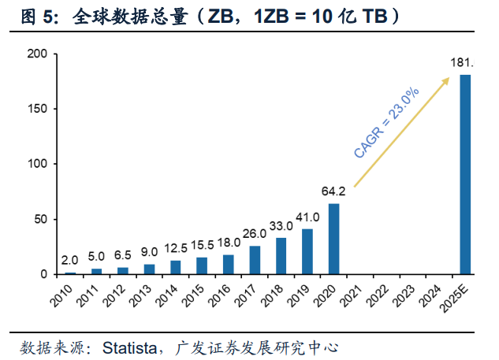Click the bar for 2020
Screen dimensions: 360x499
click(333, 239)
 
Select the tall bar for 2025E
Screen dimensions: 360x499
click(465, 174)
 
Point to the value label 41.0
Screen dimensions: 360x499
click(307, 217)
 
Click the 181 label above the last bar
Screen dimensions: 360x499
click(462, 62)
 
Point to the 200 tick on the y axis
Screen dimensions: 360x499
click(37, 54)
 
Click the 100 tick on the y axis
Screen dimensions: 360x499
click(37, 164)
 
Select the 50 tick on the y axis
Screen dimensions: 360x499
click(40, 219)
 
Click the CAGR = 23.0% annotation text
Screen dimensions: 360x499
click(386, 123)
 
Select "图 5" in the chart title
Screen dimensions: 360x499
click(28, 16)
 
